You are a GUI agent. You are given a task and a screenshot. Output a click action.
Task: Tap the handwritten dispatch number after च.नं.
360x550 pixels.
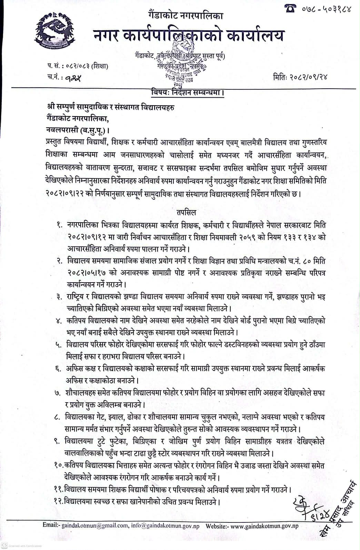pyautogui.click(x=73, y=78)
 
